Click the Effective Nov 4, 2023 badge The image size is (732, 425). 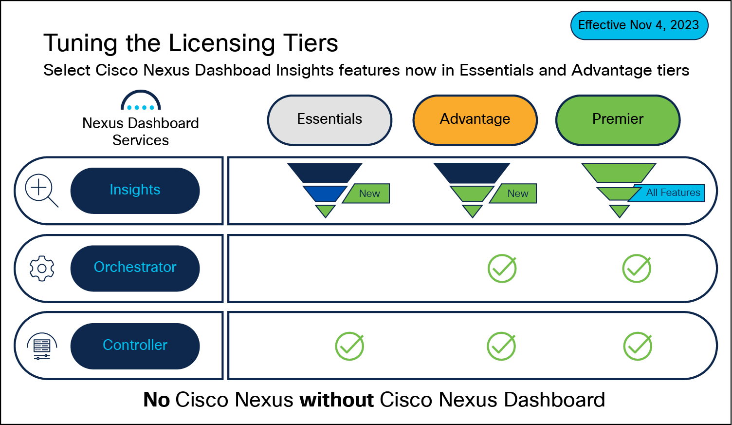[x=639, y=25]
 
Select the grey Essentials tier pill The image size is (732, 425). [x=329, y=120]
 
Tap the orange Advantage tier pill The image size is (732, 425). [x=475, y=120]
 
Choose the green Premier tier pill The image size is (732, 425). [x=618, y=120]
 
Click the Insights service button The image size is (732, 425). [x=135, y=190]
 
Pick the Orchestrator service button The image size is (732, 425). [x=135, y=268]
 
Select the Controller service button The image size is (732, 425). [x=135, y=346]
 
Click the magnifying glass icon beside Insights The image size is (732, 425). [x=41, y=190]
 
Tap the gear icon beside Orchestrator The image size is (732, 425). [x=42, y=268]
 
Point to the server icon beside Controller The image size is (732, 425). [x=42, y=346]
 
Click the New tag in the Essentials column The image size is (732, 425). [x=368, y=193]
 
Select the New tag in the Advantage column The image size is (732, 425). [x=516, y=193]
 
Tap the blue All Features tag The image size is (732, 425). [x=672, y=193]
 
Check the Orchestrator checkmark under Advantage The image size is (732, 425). [x=502, y=268]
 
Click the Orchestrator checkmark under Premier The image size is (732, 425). [x=637, y=268]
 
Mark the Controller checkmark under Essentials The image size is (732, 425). [x=349, y=346]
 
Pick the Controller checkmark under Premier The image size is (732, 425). [x=638, y=346]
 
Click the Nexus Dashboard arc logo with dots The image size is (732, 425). [x=141, y=101]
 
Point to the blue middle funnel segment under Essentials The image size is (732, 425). [x=324, y=193]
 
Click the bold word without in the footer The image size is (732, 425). [x=336, y=400]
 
